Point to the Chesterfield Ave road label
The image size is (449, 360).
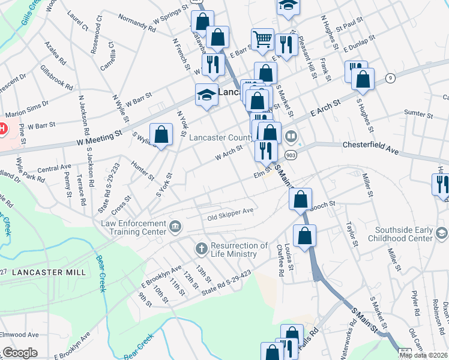tap(370, 148)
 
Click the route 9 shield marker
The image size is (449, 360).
tap(390, 78)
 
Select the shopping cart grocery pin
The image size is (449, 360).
tap(262, 40)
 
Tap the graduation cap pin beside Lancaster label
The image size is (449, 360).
tap(206, 95)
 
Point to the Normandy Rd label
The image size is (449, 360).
tap(136, 26)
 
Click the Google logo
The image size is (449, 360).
tap(20, 353)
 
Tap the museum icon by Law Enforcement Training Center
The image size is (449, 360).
tap(175, 226)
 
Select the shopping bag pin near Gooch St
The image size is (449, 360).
tap(300, 199)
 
